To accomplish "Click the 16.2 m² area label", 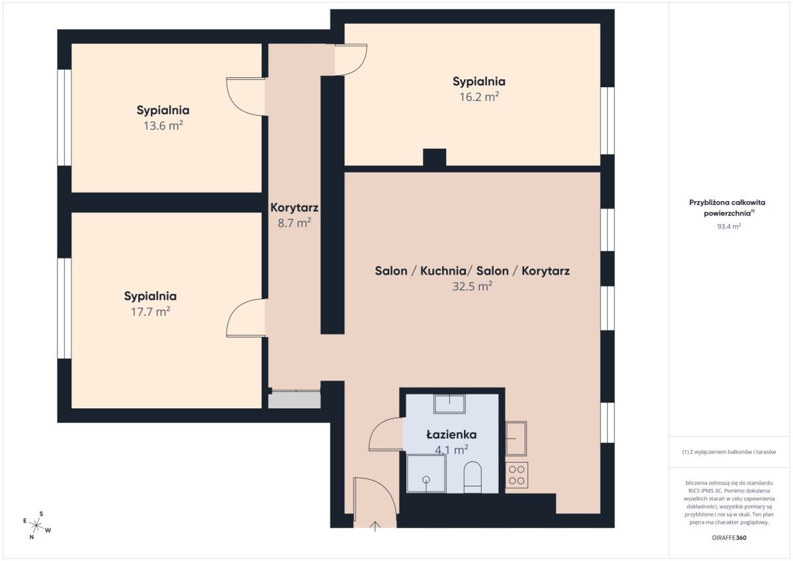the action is (x=479, y=97).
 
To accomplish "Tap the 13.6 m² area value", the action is (x=163, y=126).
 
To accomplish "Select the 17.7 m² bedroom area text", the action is (x=151, y=312).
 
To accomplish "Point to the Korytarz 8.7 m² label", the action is (x=294, y=215).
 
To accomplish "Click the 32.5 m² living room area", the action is (x=472, y=286).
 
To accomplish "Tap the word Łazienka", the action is (x=451, y=434).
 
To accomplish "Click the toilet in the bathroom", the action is (x=472, y=477).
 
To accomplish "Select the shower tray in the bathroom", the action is (x=426, y=474).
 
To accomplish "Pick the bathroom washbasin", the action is (x=449, y=404).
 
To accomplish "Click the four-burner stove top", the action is (x=517, y=475).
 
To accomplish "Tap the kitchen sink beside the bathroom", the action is (x=516, y=438).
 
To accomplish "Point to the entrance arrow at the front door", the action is (x=375, y=527).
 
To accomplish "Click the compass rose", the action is (x=36, y=525).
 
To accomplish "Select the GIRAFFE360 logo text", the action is (x=729, y=538).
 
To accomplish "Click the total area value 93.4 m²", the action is (x=729, y=226).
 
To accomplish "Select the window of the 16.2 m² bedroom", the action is (x=607, y=121).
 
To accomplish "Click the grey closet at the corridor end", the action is (x=294, y=399).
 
